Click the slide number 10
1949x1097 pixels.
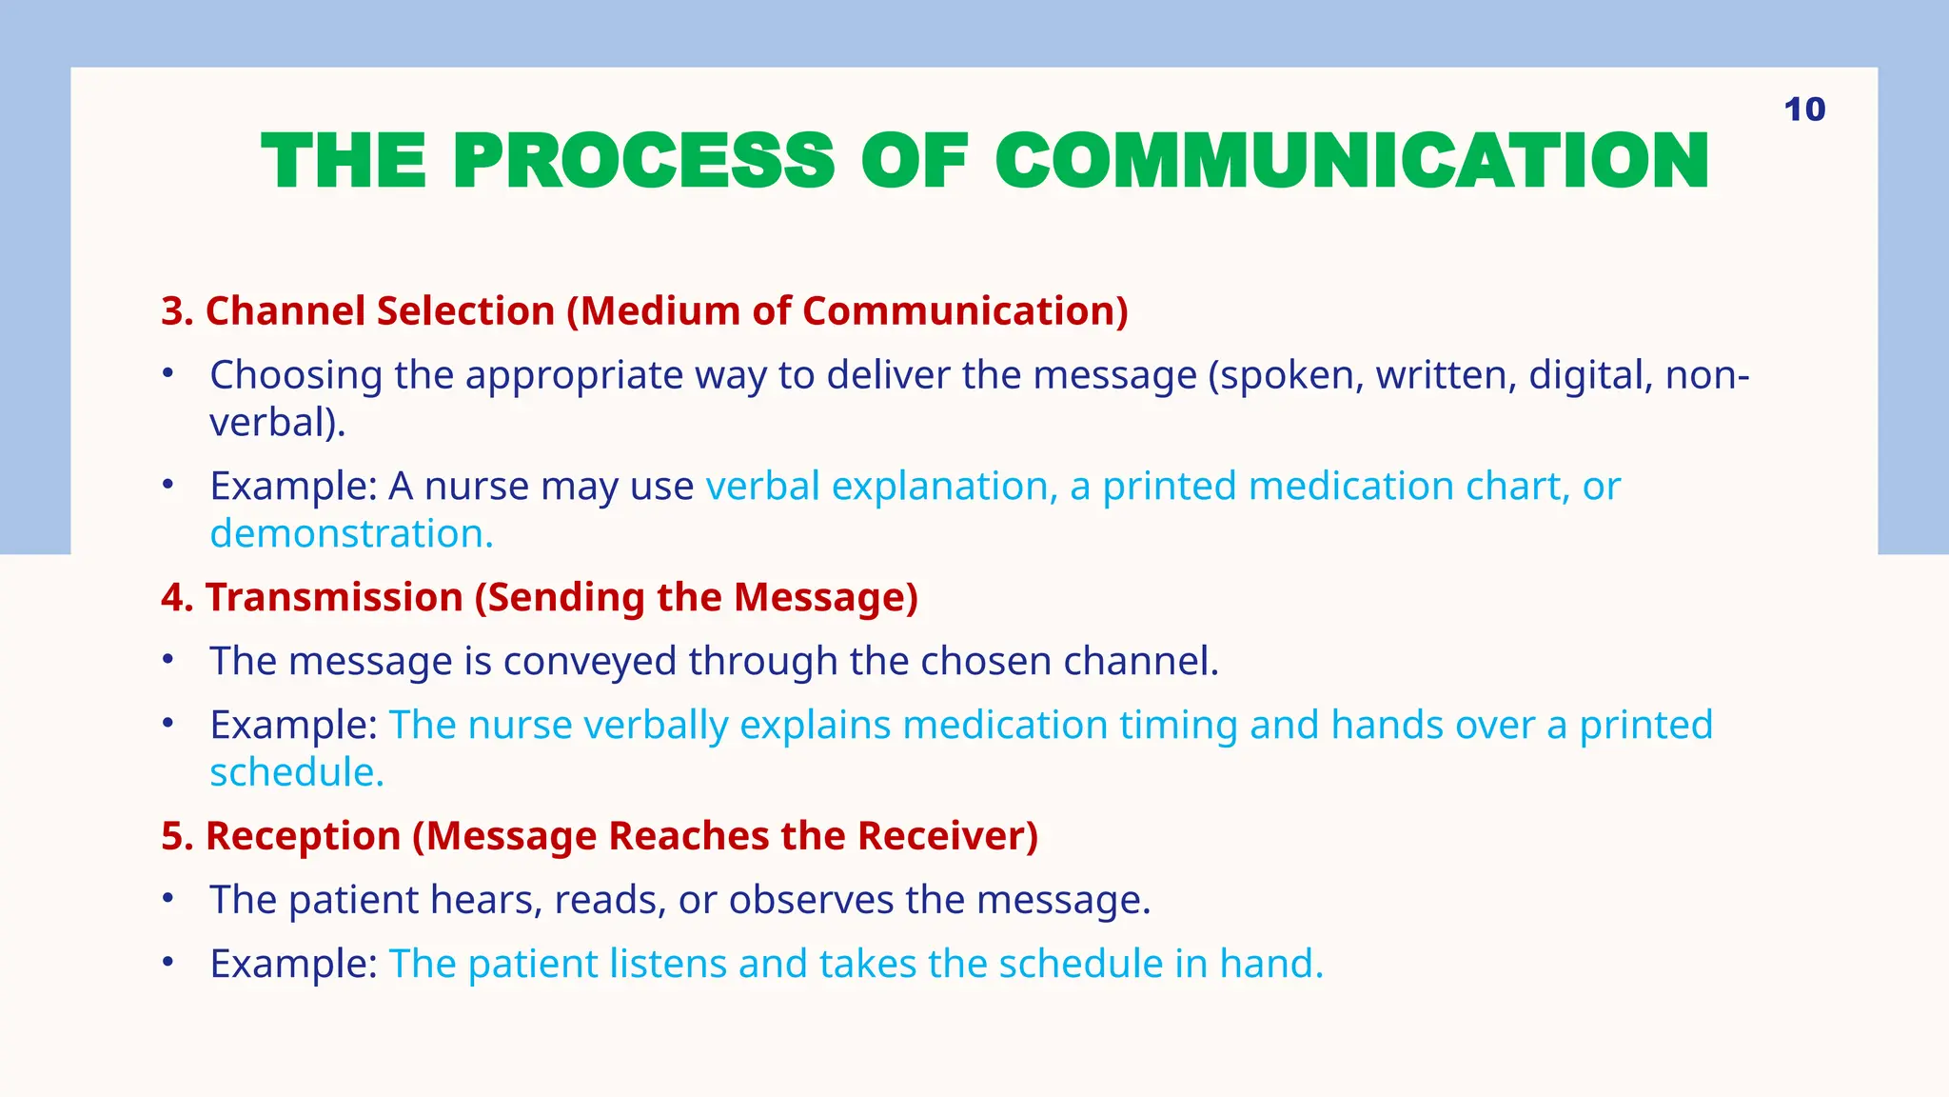(1804, 110)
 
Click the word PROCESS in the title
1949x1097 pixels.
(643, 161)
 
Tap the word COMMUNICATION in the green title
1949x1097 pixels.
(1351, 161)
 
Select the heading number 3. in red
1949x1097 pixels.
(177, 311)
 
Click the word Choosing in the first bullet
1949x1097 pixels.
(296, 375)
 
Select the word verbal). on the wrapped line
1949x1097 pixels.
(278, 423)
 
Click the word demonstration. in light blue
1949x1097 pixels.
(351, 534)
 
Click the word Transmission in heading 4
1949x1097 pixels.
(334, 598)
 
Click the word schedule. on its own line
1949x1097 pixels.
(297, 772)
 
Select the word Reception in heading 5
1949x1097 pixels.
(303, 836)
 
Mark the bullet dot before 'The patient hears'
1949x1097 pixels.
(167, 898)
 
